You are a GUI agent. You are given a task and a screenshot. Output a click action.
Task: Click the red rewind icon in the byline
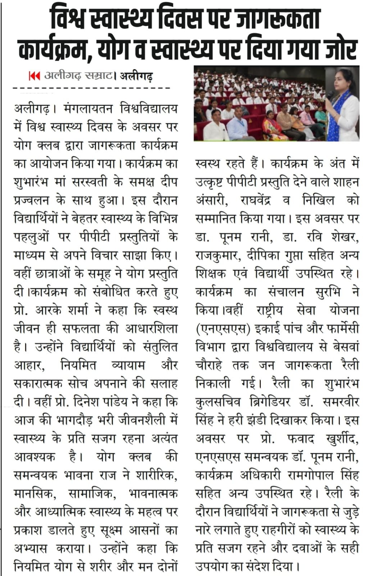tap(34, 76)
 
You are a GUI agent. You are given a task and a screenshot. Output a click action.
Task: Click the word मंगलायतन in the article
tap(88, 108)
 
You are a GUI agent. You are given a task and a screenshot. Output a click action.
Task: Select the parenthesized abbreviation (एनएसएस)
tap(223, 329)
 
